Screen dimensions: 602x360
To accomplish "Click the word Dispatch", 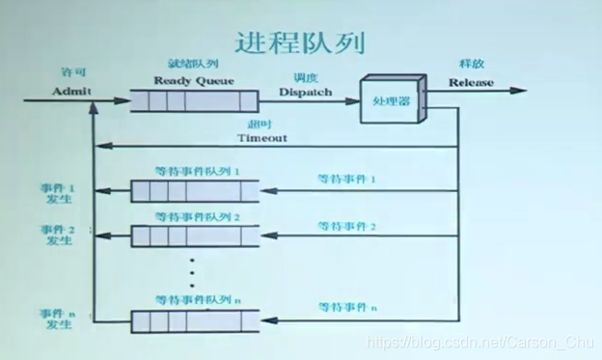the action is tap(305, 92).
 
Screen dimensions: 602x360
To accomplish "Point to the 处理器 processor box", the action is tap(393, 98).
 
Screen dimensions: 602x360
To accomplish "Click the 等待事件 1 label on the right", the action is tap(346, 179).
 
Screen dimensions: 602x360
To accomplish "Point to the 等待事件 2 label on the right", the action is tap(346, 226).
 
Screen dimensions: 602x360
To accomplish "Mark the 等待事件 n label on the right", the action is tap(346, 307).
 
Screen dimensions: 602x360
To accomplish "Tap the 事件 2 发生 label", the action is tap(58, 235).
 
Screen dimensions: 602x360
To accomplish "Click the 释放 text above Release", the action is tap(473, 63).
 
